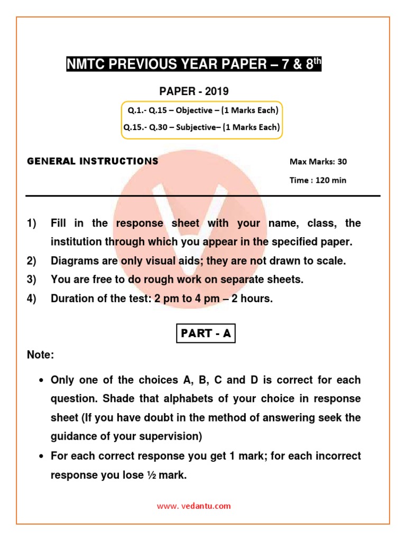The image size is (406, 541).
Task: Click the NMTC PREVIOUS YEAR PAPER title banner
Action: coord(193,65)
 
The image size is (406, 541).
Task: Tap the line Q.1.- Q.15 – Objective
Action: coord(203,110)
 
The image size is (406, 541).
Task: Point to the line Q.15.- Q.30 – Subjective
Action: coord(201,127)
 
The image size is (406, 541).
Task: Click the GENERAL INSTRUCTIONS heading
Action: coord(93,161)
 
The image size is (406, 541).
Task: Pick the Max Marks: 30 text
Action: coord(318,162)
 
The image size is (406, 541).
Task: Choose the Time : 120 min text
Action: coord(318,180)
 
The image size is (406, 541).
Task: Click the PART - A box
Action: coord(206,334)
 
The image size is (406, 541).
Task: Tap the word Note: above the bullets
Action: coord(41,356)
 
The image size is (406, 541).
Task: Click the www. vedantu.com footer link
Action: coord(193,506)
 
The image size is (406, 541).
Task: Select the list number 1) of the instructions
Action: coord(32,223)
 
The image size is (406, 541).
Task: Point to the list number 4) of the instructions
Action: coord(32,299)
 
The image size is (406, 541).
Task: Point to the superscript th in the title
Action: coord(315,61)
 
